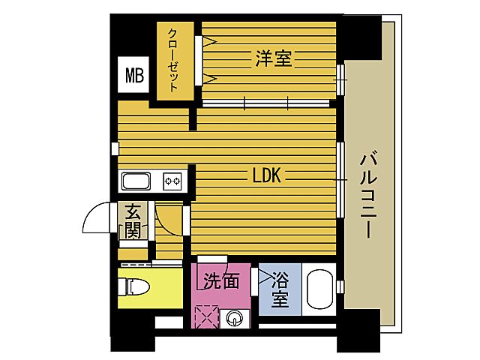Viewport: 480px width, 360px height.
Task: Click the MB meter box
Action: tap(134, 75)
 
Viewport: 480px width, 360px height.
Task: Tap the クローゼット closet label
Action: tap(173, 60)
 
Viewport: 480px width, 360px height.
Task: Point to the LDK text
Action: tap(265, 175)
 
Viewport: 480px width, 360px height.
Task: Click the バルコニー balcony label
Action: tap(367, 195)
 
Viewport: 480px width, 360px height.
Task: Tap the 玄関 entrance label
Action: tap(133, 220)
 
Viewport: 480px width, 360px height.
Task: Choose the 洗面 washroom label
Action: tap(222, 281)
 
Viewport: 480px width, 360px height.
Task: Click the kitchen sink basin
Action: tap(136, 181)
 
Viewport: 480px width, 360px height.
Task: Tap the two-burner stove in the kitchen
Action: tap(173, 181)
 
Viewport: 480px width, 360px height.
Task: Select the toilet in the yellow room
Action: tap(137, 287)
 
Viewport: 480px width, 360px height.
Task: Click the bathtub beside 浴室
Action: tap(319, 289)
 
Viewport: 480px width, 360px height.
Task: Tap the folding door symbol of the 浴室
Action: tap(264, 277)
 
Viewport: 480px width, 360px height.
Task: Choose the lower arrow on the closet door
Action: tap(208, 76)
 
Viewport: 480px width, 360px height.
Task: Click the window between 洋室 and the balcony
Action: tap(341, 77)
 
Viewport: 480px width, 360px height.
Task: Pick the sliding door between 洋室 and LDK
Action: tap(266, 102)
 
